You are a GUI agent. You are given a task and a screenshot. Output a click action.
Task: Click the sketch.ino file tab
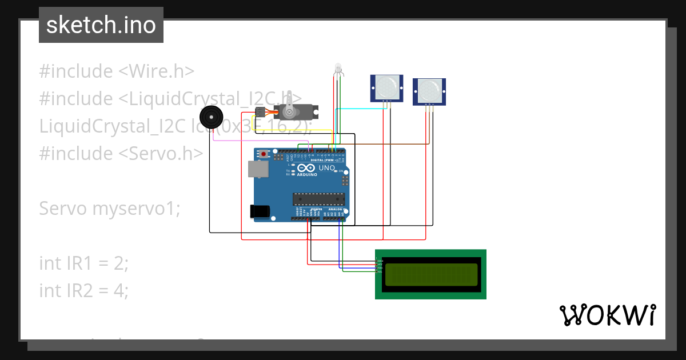pyautogui.click(x=101, y=25)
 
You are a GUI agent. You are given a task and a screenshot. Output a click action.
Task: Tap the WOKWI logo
pyautogui.click(x=607, y=315)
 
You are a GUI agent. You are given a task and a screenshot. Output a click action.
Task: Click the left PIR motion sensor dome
pyautogui.click(x=386, y=87)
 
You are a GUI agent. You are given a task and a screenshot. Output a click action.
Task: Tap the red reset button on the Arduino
pyautogui.click(x=264, y=154)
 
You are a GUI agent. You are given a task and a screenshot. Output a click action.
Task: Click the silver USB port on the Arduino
pyautogui.click(x=256, y=169)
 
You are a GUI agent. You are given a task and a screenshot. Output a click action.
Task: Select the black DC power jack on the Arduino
pyautogui.click(x=260, y=211)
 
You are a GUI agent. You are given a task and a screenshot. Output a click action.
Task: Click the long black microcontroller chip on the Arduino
pyautogui.click(x=319, y=199)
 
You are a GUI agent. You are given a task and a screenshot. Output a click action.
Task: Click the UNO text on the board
pyautogui.click(x=326, y=169)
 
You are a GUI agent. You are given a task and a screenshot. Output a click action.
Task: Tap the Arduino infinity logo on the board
pyautogui.click(x=306, y=169)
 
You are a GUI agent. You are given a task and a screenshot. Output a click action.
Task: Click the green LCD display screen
pyautogui.click(x=430, y=275)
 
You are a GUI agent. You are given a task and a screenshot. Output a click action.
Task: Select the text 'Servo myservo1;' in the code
pyautogui.click(x=109, y=209)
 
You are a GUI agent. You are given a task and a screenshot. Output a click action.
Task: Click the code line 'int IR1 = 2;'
pyautogui.click(x=84, y=263)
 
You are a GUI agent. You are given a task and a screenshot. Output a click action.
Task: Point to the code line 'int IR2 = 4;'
pyautogui.click(x=84, y=291)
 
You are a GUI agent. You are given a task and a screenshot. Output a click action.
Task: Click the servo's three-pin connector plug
pyautogui.click(x=260, y=110)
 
